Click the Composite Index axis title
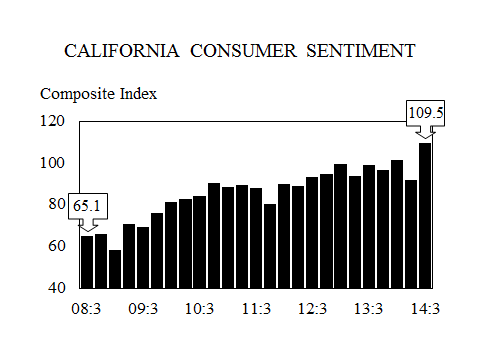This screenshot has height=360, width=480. click(x=98, y=94)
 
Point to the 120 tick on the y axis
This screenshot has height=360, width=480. click(x=52, y=121)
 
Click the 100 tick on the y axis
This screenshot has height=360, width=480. click(x=52, y=163)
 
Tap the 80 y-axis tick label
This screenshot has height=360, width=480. click(x=56, y=205)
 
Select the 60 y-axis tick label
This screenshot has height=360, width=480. click(x=56, y=246)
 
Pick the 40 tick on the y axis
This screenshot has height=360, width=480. click(x=56, y=288)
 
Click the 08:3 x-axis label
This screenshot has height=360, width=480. click(x=87, y=309)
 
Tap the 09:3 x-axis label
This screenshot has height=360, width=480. click(x=143, y=309)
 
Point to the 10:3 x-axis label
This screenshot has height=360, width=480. click(x=200, y=309)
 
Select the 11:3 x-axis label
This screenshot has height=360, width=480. click(x=256, y=309)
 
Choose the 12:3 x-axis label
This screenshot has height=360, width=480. click(x=313, y=309)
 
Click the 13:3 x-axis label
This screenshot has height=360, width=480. click(x=369, y=309)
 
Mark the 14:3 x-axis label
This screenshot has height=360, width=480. click(x=426, y=309)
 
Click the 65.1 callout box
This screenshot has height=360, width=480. click(x=87, y=206)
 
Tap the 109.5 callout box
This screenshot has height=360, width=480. click(x=425, y=113)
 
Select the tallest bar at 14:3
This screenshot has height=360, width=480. click(x=425, y=215)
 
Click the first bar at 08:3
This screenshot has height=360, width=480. click(x=87, y=262)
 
